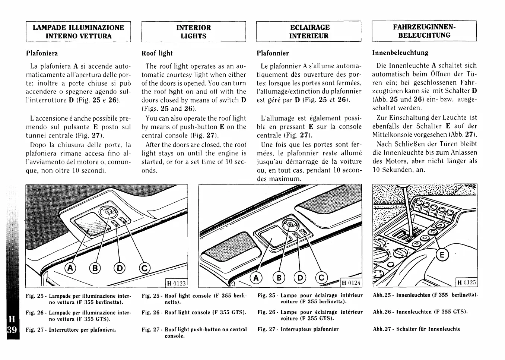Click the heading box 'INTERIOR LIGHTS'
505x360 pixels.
point(193,32)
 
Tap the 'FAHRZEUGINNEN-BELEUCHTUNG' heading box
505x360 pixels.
point(424,31)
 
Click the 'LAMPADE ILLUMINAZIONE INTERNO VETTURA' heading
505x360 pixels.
point(78,32)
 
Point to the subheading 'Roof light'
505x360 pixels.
point(157,53)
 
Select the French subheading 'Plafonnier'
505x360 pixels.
point(273,53)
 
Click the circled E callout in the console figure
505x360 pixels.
point(442,255)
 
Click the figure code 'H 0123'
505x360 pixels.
point(176,283)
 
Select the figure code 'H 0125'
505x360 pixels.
point(467,282)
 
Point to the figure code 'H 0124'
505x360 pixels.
point(352,283)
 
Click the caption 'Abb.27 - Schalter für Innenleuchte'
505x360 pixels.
point(416,329)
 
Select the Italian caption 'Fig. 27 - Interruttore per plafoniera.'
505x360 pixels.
point(71,330)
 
